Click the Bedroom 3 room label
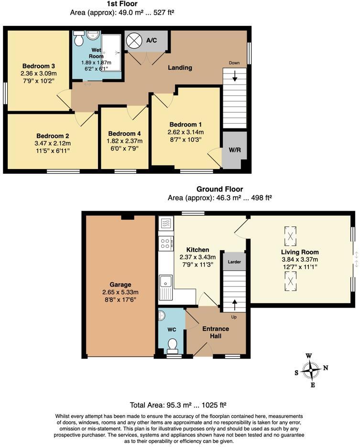click(39, 66)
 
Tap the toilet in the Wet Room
click(79, 38)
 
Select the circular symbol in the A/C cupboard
click(134, 41)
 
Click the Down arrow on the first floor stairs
click(235, 76)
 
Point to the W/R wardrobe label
click(235, 150)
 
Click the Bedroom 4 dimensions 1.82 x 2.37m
click(124, 141)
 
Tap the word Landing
click(180, 67)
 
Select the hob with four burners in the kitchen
click(166, 244)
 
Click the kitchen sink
click(165, 287)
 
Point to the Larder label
click(234, 262)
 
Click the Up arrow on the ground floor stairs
click(235, 305)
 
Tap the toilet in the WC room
click(173, 344)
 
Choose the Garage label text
click(120, 285)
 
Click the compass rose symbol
click(311, 370)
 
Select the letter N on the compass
click(326, 368)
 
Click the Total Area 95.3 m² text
click(178, 405)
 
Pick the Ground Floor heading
click(220, 189)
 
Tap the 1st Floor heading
click(122, 4)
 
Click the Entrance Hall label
click(216, 332)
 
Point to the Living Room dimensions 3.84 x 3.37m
click(300, 259)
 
